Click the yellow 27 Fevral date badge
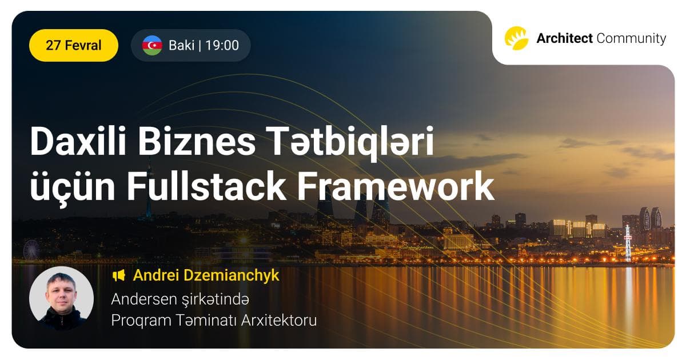[73, 45]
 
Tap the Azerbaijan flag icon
[152, 45]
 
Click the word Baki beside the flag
[181, 45]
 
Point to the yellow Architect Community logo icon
[516, 38]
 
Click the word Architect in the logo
[564, 38]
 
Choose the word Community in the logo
[631, 38]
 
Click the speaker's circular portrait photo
[61, 298]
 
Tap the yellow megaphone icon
[118, 275]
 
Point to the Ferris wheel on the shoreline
[31, 249]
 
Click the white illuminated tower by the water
[628, 242]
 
